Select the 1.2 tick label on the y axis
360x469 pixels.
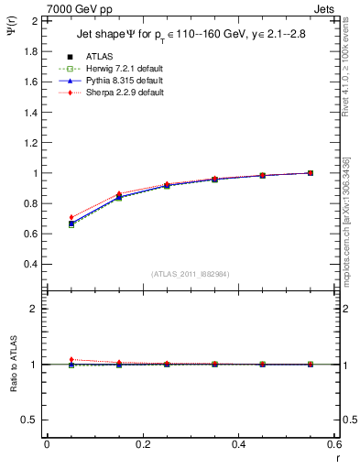(x=31, y=143)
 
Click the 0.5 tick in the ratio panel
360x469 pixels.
(x=31, y=420)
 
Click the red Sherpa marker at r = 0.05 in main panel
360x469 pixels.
(x=71, y=217)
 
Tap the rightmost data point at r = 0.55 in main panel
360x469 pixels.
(x=311, y=173)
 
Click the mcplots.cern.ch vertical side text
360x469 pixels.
(x=351, y=229)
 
